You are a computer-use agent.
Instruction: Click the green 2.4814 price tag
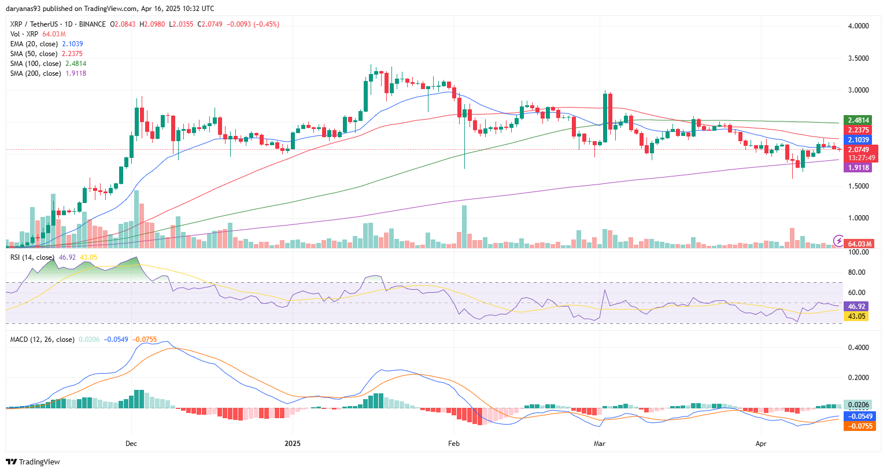pos(859,120)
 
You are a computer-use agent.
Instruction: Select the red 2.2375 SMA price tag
pos(859,130)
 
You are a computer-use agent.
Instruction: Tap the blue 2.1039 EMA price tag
pos(859,140)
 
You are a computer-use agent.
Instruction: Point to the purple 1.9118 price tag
pos(859,168)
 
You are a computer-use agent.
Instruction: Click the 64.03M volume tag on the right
pos(859,244)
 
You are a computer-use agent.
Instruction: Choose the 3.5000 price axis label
pos(858,58)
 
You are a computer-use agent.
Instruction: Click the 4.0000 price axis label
pos(858,26)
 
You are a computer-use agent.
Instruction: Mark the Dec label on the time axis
pos(131,444)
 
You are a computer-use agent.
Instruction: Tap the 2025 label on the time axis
pos(293,444)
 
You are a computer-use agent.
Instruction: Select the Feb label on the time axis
pos(454,444)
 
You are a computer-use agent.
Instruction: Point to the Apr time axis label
pos(761,444)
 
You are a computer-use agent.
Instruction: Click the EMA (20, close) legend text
pos(34,44)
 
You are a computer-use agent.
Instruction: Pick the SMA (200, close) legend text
pos(35,73)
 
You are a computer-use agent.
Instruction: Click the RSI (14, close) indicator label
pos(32,257)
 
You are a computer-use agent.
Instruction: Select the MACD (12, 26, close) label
pos(42,340)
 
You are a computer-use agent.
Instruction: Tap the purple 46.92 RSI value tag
pos(856,307)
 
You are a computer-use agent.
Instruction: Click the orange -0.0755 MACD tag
pos(860,426)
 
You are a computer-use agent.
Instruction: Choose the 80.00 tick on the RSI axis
pos(858,272)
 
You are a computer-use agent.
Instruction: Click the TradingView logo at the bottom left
pos(33,462)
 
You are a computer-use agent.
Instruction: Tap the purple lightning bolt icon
pos(838,241)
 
